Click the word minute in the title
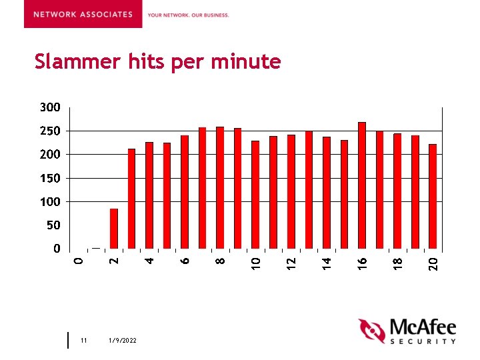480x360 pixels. click(246, 62)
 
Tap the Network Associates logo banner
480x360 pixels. click(83, 14)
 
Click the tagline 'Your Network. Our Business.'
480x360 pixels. click(188, 15)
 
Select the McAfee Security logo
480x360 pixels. click(407, 331)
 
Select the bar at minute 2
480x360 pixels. click(114, 229)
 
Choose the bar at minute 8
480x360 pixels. click(220, 188)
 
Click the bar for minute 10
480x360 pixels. click(255, 195)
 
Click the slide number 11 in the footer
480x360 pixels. click(83, 341)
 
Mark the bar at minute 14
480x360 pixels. click(327, 193)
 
